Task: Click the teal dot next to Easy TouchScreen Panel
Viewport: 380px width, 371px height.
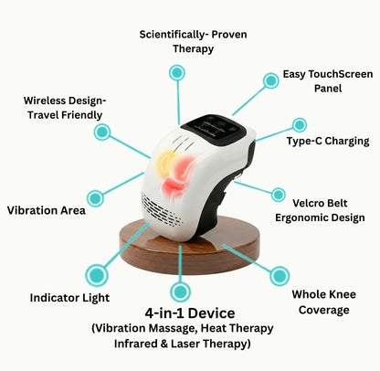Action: [x=270, y=80]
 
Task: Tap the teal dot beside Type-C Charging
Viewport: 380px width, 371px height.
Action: [x=298, y=123]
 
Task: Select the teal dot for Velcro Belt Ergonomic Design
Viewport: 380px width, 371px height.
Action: [x=279, y=195]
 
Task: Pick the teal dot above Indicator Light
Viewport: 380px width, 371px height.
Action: [x=95, y=273]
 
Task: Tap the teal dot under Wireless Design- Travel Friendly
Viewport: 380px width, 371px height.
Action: [x=101, y=132]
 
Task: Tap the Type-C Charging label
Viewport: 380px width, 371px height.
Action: [x=327, y=141]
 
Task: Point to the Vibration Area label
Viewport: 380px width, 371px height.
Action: [x=46, y=210]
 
